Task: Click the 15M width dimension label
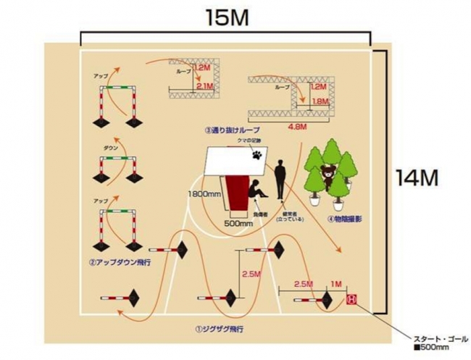click(x=227, y=17)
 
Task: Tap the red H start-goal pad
click(x=352, y=298)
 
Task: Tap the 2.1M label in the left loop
click(x=205, y=85)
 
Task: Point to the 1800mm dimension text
click(x=204, y=194)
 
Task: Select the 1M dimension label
click(x=335, y=283)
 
